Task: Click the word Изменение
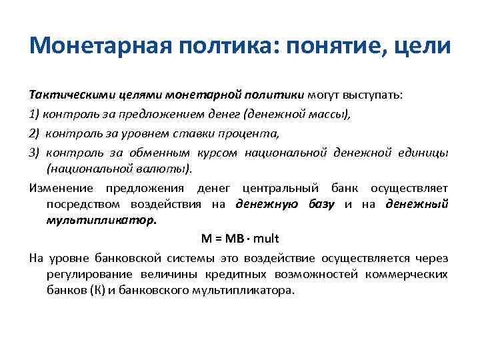(x=61, y=188)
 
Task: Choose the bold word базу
(x=321, y=204)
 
